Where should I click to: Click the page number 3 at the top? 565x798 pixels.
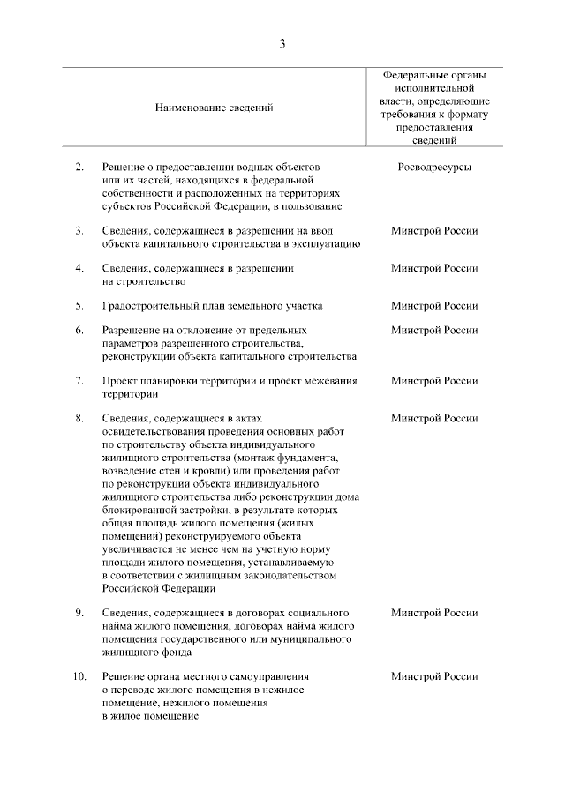pos(282,44)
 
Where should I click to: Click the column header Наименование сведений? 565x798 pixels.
pos(215,108)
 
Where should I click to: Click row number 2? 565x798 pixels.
pos(79,167)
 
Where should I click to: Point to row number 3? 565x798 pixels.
pos(79,231)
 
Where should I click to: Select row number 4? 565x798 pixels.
pos(79,268)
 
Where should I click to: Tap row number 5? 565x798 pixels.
pos(79,306)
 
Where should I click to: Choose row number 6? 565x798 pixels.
pos(79,331)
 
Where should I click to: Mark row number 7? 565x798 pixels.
pos(79,381)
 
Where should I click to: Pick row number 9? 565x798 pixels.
pos(79,613)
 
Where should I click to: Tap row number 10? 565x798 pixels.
pos(79,676)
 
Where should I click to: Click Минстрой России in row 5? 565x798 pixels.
pos(433,306)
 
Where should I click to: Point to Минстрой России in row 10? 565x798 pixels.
pos(433,676)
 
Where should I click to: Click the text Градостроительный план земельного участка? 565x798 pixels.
pos(212,306)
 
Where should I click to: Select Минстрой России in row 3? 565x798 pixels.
pos(433,231)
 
